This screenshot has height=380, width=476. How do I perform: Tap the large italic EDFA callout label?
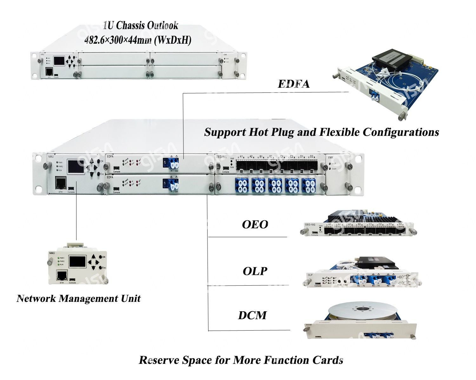click(294, 84)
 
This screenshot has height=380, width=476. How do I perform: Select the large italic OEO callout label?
click(255, 225)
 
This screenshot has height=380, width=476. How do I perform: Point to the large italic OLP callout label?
click(255, 271)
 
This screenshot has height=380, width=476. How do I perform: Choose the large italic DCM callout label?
click(252, 315)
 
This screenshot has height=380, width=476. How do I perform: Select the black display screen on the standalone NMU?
click(77, 261)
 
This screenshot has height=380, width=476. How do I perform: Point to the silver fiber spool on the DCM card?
click(362, 312)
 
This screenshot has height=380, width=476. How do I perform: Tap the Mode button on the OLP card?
click(339, 281)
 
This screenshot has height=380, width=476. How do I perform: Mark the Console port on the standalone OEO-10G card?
click(315, 232)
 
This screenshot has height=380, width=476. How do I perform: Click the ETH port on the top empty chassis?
click(50, 71)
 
